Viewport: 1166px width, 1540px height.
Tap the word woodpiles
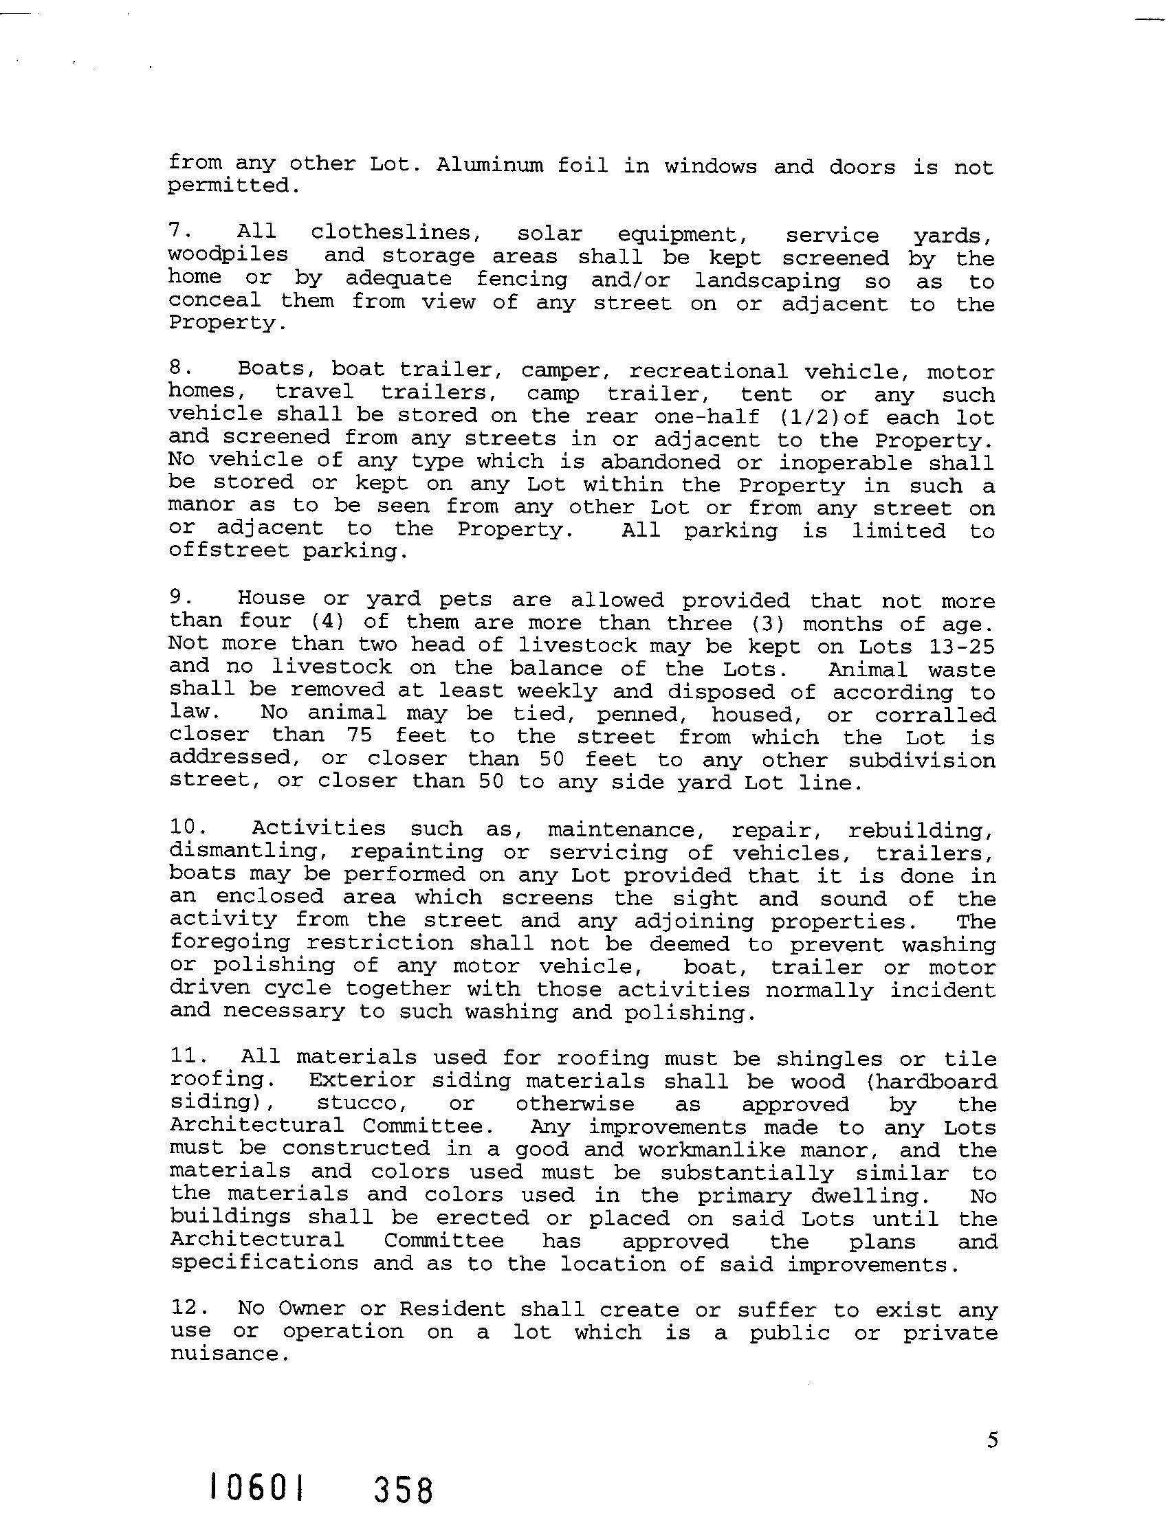pos(228,255)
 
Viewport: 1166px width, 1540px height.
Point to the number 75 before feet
pos(359,736)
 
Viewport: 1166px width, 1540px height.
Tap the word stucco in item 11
pos(362,1104)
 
